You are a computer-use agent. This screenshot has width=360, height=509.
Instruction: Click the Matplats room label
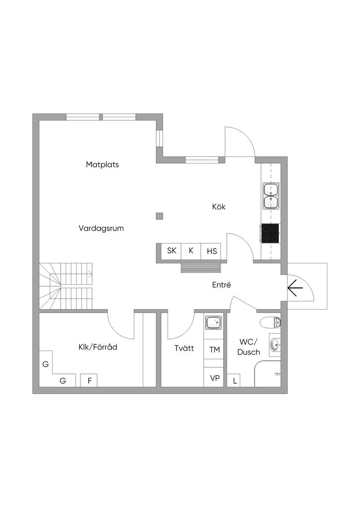[x=102, y=165]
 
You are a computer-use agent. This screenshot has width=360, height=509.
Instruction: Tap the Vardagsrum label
[x=101, y=229]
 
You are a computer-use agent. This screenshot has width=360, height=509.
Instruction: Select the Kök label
[x=219, y=207]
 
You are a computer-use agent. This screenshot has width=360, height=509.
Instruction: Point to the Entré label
[x=222, y=285]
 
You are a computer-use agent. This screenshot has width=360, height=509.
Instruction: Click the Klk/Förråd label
[x=97, y=347]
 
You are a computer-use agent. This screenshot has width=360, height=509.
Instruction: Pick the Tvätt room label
[x=184, y=348]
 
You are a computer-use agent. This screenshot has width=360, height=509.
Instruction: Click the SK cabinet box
[x=172, y=251]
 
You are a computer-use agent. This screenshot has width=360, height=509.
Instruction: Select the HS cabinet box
[x=212, y=251]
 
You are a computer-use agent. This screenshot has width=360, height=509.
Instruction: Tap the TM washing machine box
[x=214, y=350]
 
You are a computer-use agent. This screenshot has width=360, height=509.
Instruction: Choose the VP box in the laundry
[x=215, y=378]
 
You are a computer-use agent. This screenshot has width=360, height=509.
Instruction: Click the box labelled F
[x=90, y=381]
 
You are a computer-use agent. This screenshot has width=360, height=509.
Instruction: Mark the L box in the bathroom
[x=235, y=381]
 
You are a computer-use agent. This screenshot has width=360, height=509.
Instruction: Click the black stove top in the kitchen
[x=270, y=233]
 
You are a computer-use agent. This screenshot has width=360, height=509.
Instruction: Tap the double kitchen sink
[x=271, y=195]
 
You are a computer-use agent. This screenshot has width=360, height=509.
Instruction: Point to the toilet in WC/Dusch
[x=270, y=322]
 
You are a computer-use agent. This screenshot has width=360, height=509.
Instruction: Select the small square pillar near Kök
[x=160, y=216]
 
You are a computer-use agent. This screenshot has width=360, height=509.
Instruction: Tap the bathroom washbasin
[x=275, y=345]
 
